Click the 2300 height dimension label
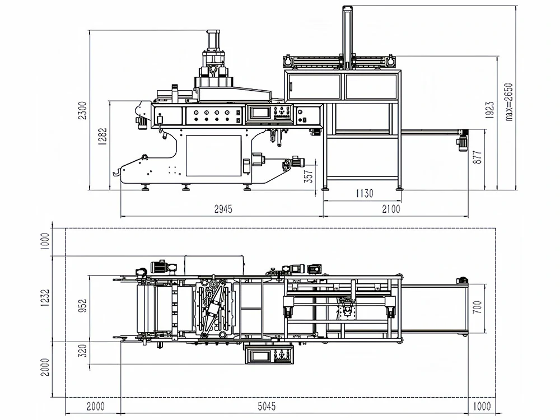83,111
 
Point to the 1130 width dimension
363,194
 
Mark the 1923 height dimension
489,111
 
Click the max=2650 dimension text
509,101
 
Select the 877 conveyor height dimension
477,157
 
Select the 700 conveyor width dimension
477,308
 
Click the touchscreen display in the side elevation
261,113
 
